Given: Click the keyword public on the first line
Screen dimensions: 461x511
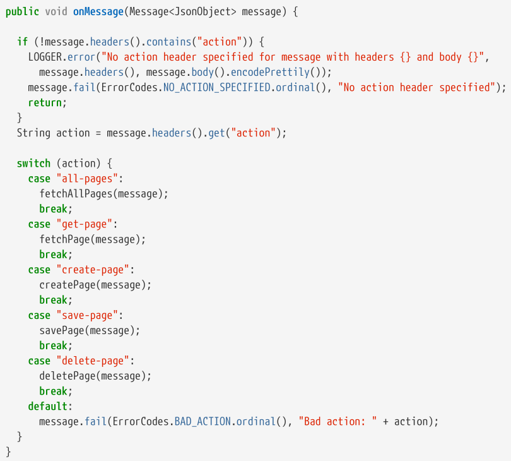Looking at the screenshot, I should [22, 12].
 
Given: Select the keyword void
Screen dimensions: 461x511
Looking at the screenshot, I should [56, 12].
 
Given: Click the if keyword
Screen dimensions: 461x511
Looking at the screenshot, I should [22, 42].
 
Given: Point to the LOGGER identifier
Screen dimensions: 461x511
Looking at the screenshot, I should [45, 57].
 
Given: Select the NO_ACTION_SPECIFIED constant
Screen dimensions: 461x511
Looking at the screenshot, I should [217, 87].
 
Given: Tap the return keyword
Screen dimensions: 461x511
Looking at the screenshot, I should [45, 102].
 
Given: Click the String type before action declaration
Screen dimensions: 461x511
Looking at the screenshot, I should [33, 133].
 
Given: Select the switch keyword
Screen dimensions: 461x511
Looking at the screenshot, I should [33, 163].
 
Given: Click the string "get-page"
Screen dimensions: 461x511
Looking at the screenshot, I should [85, 224].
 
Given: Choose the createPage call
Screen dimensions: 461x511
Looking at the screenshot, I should [68, 285].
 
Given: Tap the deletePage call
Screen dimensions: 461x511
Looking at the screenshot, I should [68, 376].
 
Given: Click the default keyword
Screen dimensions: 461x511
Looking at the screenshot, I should [49, 406].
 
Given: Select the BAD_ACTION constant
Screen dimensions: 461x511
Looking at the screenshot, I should [203, 421].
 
